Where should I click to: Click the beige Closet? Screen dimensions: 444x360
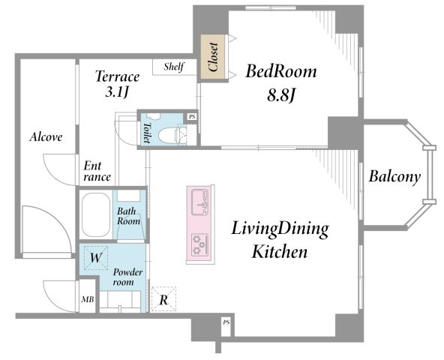213,57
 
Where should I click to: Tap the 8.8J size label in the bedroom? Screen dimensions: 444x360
281,96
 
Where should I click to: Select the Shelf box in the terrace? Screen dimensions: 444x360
175,67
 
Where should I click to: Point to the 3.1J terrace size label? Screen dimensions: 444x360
117,91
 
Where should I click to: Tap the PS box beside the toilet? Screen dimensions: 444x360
192,117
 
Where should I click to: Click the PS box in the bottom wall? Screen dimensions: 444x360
226,322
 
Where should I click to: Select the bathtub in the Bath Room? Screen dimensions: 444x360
95,215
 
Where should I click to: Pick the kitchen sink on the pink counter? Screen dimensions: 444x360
200,202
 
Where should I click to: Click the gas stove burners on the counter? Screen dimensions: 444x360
200,244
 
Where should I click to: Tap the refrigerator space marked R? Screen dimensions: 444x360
163,299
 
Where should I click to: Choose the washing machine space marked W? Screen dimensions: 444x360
96,258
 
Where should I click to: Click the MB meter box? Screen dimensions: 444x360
88,298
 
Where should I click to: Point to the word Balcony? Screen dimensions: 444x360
394,177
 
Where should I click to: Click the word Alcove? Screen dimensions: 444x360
46,137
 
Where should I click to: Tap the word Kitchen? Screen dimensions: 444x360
280,251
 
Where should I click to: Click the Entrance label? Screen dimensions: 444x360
97,172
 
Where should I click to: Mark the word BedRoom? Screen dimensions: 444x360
281,71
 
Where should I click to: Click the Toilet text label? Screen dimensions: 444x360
146,133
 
